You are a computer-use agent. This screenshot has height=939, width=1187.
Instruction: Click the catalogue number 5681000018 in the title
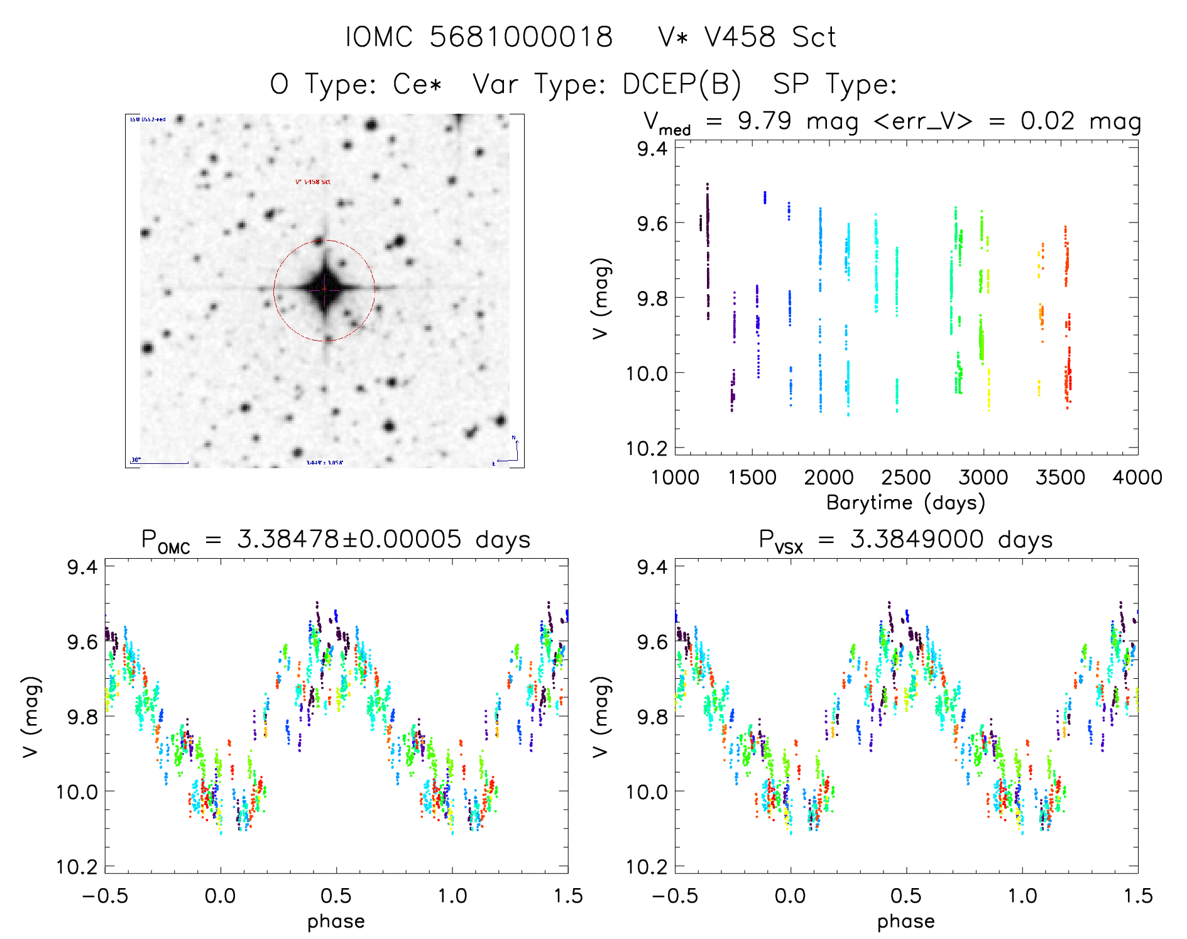coord(521,37)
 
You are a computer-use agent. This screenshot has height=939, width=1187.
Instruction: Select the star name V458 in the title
coord(740,37)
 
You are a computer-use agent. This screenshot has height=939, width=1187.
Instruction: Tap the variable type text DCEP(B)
coord(682,84)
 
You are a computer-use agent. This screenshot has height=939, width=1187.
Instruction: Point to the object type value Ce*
coord(418,84)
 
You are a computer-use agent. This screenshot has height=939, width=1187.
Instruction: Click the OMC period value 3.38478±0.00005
coord(349,539)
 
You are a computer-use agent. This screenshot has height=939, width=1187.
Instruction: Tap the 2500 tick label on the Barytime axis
coord(906,478)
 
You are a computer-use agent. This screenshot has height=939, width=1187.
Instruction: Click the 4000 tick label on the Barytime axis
coord(1137,478)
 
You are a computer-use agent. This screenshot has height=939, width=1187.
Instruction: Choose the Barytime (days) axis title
coord(905,503)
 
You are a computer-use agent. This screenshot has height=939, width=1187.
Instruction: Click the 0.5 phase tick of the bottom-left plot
coord(336,896)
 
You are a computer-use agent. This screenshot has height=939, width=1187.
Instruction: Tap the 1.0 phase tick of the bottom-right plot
coord(1022,896)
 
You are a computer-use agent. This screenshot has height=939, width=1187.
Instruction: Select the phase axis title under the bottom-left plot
coord(336,921)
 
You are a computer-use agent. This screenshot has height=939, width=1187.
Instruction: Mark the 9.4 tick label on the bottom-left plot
coord(82,567)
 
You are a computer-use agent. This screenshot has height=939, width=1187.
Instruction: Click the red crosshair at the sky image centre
coord(324,289)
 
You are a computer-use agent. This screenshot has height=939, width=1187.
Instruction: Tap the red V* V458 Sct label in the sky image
coord(313,182)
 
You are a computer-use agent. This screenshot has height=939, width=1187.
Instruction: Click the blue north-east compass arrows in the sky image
coord(512,452)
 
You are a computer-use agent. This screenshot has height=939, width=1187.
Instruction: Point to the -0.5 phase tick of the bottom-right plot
coord(674,896)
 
